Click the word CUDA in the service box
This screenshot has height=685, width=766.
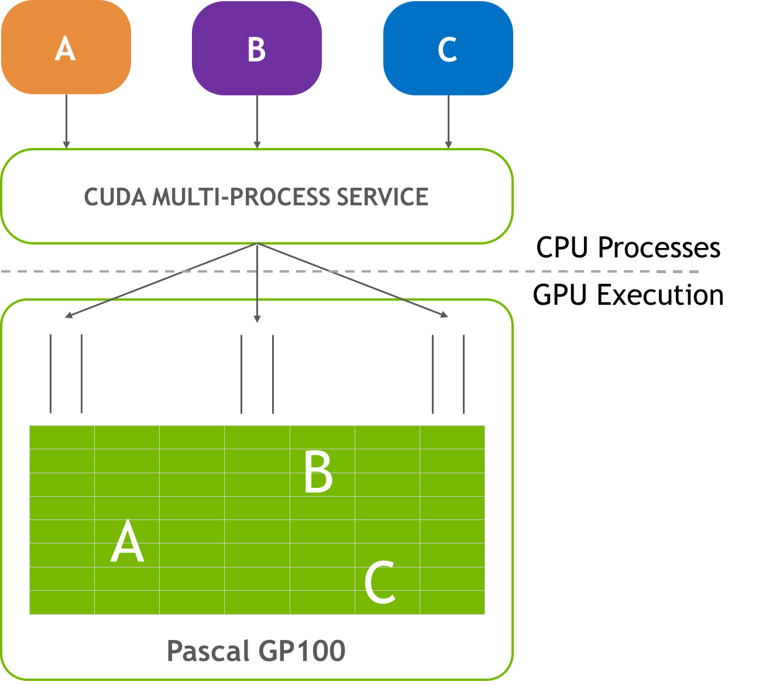click(x=115, y=197)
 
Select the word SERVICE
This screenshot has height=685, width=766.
click(x=382, y=197)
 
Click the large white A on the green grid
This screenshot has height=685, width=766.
click(x=127, y=542)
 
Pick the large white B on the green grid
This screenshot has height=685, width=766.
click(x=318, y=471)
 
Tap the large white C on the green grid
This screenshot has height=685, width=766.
click(x=380, y=582)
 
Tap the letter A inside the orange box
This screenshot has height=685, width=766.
click(x=65, y=49)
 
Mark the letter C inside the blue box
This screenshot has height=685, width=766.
click(x=447, y=49)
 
